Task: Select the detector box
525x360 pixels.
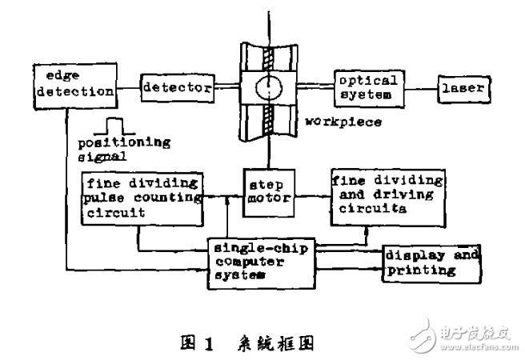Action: [x=178, y=86]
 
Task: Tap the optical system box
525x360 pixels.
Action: [x=366, y=86]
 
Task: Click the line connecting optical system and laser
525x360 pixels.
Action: [x=418, y=87]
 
